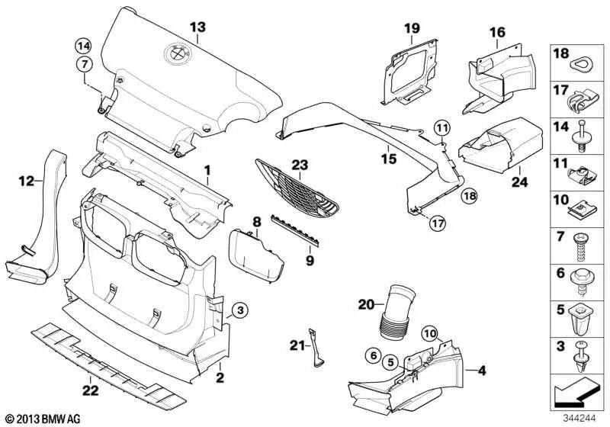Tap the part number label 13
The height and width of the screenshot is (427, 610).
pos(197,27)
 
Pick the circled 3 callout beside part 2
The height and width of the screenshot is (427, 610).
pos(239,310)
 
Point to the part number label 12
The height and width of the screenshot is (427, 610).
pos(27,181)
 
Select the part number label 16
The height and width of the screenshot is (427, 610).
pos(497,32)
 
